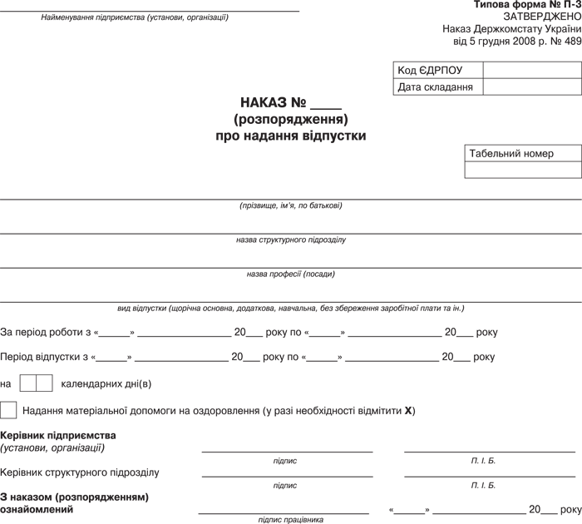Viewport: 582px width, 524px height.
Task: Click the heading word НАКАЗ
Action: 264,103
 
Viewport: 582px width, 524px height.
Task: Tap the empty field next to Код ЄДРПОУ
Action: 531,71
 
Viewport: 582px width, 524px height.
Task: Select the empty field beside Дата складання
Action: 531,87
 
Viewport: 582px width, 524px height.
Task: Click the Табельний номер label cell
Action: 522,154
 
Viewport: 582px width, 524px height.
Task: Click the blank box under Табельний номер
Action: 522,170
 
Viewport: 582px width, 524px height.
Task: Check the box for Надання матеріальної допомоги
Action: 8,410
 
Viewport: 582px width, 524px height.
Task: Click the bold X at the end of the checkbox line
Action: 408,411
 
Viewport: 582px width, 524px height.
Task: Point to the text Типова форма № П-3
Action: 527,5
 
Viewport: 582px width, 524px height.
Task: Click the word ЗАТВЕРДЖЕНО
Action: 542,17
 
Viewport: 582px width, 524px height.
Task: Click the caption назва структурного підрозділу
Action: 290,240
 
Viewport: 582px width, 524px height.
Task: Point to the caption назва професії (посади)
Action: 290,274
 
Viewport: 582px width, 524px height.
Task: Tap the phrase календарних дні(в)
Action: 106,384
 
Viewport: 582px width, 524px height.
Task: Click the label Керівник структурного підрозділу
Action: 81,472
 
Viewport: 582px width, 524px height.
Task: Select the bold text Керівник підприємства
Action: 59,435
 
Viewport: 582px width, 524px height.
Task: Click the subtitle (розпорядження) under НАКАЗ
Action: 290,119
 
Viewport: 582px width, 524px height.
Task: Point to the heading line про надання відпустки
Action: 290,135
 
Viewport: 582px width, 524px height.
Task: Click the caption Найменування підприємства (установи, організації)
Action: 135,17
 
